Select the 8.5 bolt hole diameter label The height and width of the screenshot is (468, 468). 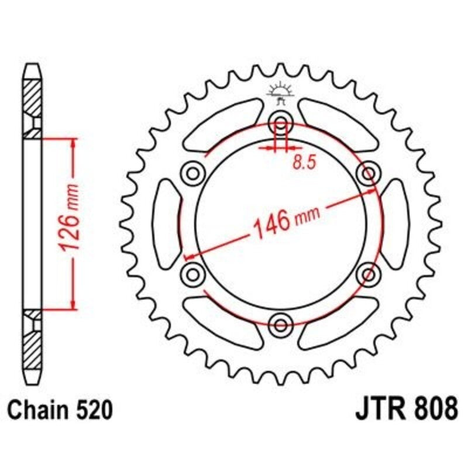tap(304, 163)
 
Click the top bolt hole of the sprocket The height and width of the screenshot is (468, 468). tap(281, 124)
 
